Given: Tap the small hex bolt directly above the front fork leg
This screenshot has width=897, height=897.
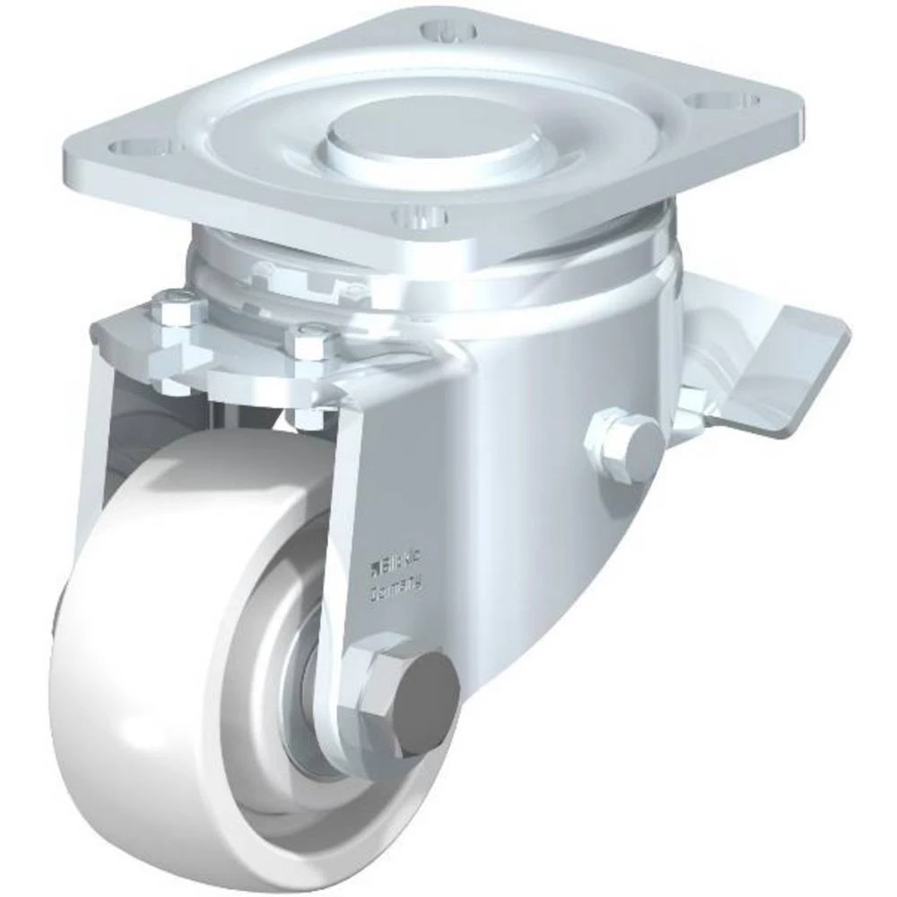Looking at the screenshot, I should [x=310, y=341].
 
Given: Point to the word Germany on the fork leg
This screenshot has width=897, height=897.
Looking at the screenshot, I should [x=397, y=588].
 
